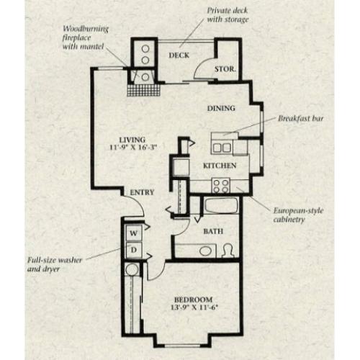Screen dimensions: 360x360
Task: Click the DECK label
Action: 179,55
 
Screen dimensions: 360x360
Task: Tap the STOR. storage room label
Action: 225,69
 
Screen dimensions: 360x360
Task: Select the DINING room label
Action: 221,108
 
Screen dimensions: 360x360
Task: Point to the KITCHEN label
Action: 220,166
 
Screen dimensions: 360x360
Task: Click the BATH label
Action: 213,231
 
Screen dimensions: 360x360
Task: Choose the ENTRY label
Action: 142,192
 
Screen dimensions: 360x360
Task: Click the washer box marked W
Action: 134,233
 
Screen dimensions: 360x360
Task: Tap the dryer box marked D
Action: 134,250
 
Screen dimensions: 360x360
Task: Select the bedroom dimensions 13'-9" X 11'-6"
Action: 194,307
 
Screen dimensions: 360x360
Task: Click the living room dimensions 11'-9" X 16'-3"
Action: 133,147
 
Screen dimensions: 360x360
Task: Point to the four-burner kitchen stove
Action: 221,186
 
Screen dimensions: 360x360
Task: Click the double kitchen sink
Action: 222,148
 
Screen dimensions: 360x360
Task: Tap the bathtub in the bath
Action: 221,206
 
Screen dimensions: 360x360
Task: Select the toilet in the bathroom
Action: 228,251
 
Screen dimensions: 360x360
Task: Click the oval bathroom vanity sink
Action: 205,251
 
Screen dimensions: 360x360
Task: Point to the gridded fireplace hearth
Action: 143,90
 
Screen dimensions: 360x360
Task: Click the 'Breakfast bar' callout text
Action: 301,119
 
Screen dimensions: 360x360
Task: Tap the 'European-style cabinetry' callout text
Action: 298,215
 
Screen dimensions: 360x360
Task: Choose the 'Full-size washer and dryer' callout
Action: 55,264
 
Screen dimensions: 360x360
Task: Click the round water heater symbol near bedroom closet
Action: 132,269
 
